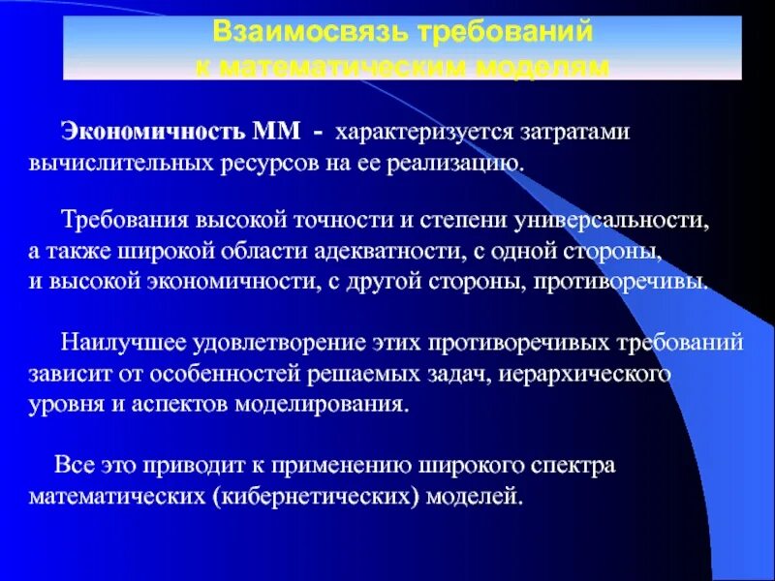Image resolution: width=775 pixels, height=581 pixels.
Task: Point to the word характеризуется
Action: tap(411, 130)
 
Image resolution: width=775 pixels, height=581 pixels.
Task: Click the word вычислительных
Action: tap(106, 162)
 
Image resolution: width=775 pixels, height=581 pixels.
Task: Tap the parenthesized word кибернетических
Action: tap(311, 497)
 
